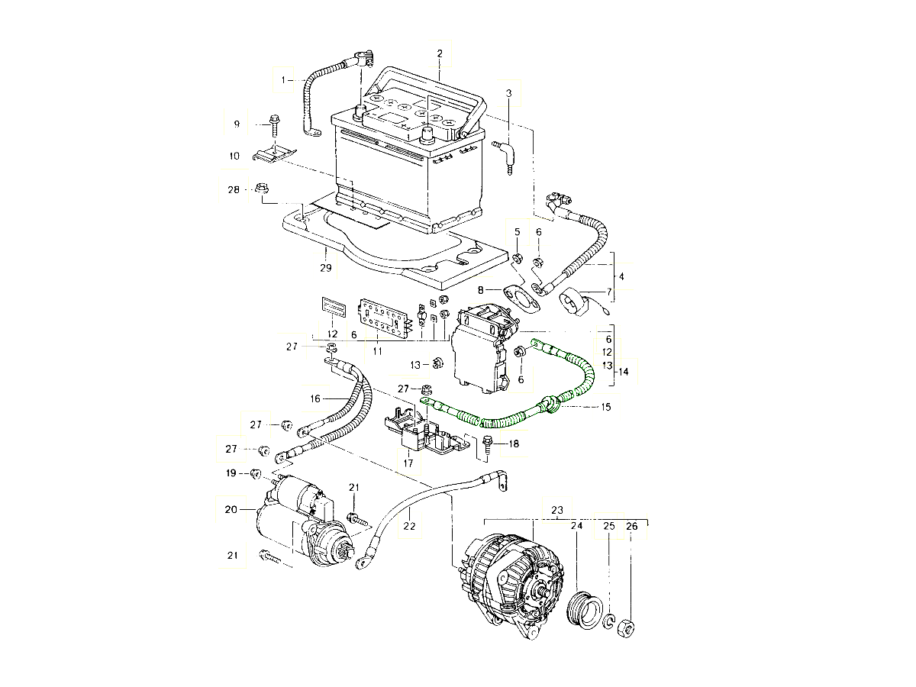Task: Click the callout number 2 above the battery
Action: tap(440, 53)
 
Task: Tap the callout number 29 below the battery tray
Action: tap(326, 269)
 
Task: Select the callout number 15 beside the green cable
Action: tap(605, 407)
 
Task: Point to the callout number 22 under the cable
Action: tap(409, 526)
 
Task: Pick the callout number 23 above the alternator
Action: tap(557, 510)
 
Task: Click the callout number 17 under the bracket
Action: tap(408, 463)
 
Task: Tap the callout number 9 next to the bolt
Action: tap(237, 124)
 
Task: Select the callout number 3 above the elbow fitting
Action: tap(508, 93)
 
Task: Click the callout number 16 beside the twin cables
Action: tap(316, 398)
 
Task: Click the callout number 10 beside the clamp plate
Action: tap(234, 156)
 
